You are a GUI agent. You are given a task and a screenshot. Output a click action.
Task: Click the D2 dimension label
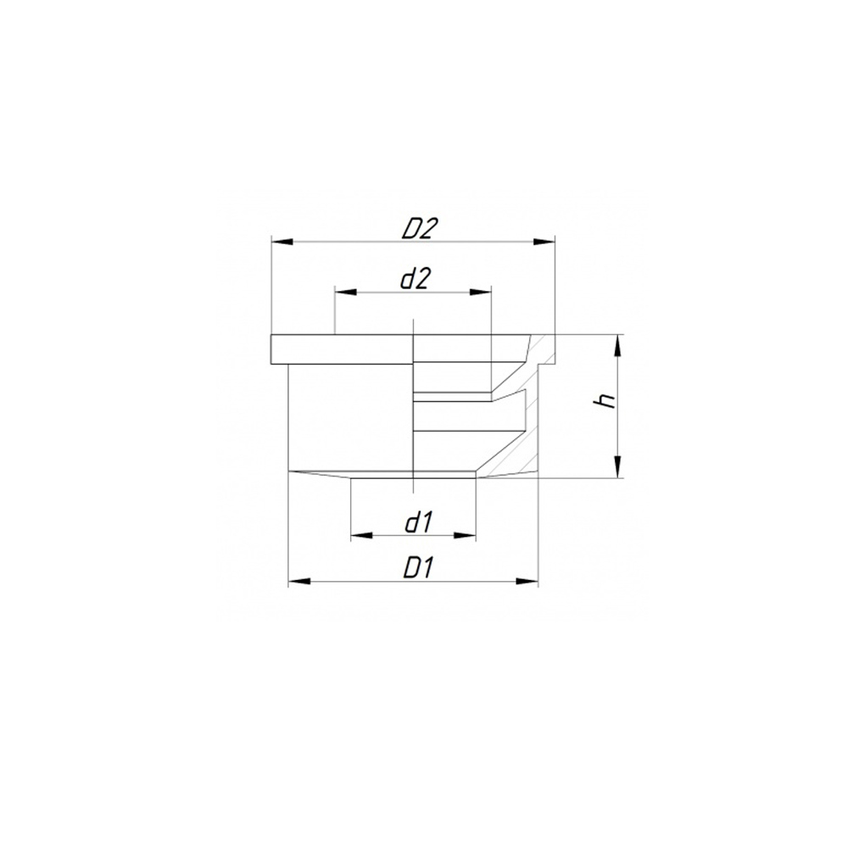coord(418,229)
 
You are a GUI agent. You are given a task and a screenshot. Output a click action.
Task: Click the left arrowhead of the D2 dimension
coord(282,242)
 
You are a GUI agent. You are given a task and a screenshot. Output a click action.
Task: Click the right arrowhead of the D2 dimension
coord(544,242)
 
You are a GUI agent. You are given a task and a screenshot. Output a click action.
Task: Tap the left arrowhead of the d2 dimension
coord(346,292)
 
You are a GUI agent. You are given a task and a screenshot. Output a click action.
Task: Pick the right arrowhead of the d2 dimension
coord(480,292)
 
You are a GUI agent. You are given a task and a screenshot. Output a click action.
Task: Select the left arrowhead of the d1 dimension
coord(362,535)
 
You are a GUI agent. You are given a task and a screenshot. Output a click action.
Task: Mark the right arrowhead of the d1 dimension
coord(465,535)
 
